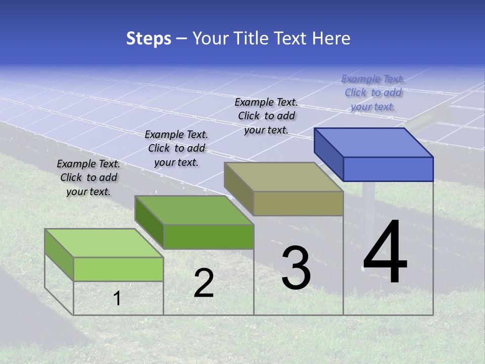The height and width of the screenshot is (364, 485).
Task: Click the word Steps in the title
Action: (149, 38)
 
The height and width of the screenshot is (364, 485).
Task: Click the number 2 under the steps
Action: (204, 283)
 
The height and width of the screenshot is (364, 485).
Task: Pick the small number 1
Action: (117, 298)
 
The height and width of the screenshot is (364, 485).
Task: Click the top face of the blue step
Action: (374, 142)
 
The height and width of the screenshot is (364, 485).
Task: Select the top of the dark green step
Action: (194, 210)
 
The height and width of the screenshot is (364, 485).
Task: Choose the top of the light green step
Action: (104, 243)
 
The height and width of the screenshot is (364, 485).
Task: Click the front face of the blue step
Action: (388, 169)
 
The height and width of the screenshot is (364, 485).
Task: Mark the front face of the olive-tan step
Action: (298, 204)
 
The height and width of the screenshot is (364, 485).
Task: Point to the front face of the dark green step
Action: (209, 237)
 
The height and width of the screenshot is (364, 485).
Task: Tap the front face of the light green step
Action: (118, 269)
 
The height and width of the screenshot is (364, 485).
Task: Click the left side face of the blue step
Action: (328, 154)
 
